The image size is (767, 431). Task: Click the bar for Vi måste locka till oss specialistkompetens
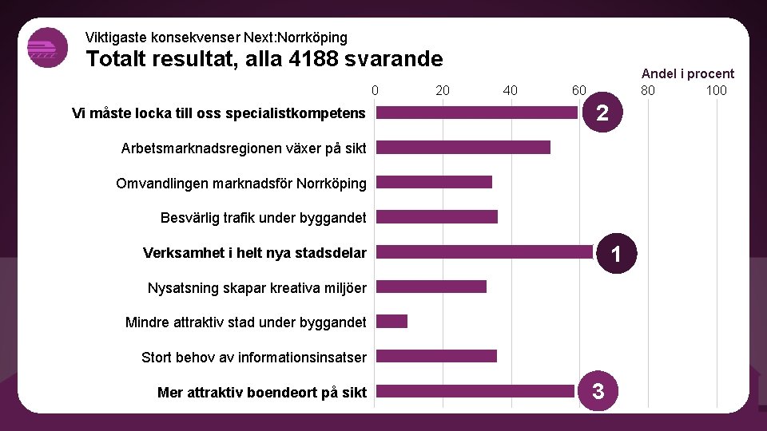476,113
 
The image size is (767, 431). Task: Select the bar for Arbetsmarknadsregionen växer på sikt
463,148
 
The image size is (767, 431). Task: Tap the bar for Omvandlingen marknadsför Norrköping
434,182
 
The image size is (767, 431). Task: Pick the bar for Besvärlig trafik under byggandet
436,217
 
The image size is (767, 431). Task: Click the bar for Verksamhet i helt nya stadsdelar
484,252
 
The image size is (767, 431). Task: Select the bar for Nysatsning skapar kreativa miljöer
431,287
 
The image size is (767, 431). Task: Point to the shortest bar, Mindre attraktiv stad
391,322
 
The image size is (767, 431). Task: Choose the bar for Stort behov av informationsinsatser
436,356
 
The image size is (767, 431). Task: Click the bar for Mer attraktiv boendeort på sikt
475,391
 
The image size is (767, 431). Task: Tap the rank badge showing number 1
615,254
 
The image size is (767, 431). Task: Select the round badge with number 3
600,391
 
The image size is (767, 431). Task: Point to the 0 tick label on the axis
375,90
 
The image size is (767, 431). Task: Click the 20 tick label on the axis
443,90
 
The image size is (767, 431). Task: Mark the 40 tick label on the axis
511,90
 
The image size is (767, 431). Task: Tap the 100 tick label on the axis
716,90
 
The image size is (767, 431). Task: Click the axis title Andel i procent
688,73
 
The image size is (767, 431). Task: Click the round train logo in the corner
48,48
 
